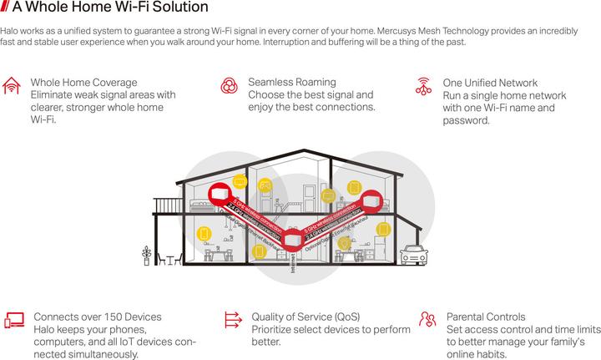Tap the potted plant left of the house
point(148,255)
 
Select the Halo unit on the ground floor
point(291,240)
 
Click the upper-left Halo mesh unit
point(220,195)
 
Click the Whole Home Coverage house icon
point(13,85)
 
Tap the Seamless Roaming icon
point(230,85)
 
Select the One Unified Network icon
point(423,85)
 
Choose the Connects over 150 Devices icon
point(13,319)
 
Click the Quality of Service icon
point(231,319)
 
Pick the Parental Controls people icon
point(427,319)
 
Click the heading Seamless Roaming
point(291,83)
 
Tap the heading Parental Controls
point(486,317)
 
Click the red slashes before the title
point(6,9)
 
